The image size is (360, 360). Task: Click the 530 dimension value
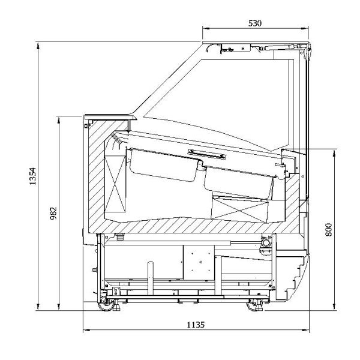pyautogui.click(x=255, y=23)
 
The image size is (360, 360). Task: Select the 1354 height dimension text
pyautogui.click(x=33, y=176)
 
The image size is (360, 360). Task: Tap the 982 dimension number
pyautogui.click(x=53, y=213)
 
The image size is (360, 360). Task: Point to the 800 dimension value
pyautogui.click(x=328, y=229)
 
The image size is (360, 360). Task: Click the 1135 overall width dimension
pyautogui.click(x=196, y=324)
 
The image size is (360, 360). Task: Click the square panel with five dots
pyautogui.click(x=197, y=262)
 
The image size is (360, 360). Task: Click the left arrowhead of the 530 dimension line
pyautogui.click(x=204, y=28)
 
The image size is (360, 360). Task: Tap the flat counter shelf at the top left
pyautogui.click(x=108, y=116)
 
